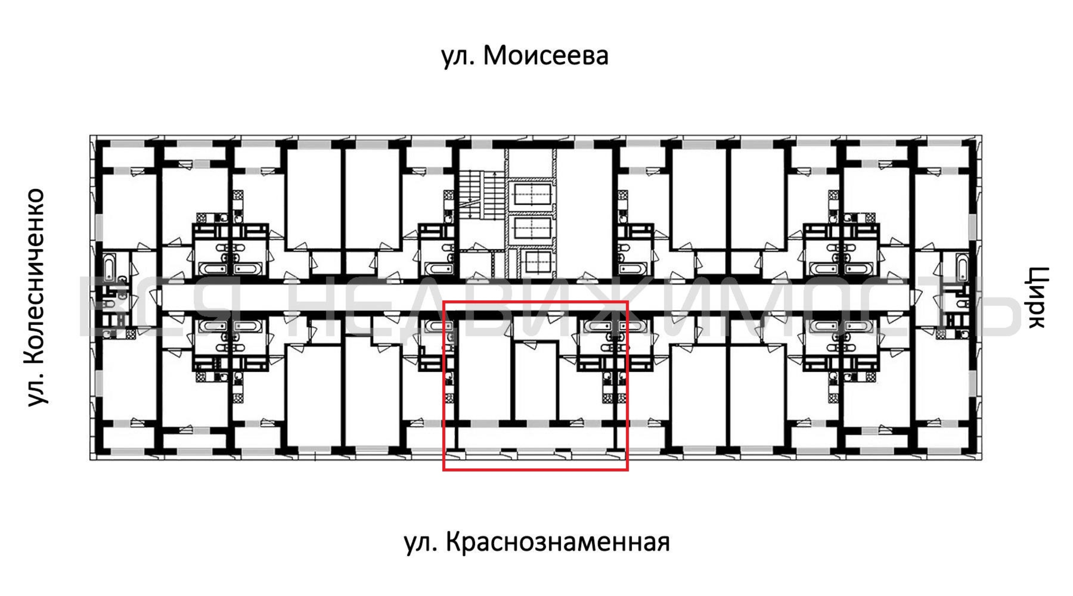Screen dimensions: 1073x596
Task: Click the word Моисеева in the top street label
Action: (x=546, y=56)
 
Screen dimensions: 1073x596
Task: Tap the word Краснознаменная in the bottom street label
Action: (x=558, y=542)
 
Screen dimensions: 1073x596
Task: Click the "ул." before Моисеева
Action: (x=457, y=58)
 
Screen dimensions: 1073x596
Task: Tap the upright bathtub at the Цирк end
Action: (x=962, y=267)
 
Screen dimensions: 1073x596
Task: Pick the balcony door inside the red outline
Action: (x=576, y=422)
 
